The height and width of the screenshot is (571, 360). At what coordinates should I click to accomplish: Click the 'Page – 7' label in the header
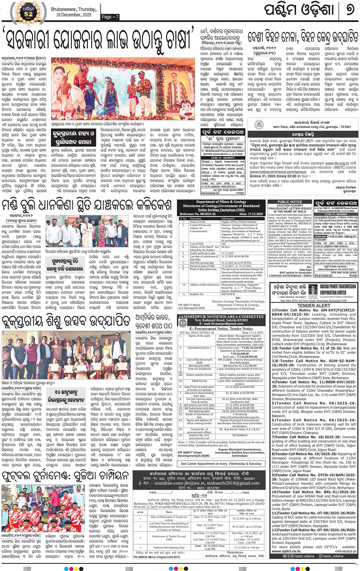[x=110, y=17]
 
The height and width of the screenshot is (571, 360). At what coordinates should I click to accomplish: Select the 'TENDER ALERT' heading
[x=314, y=305]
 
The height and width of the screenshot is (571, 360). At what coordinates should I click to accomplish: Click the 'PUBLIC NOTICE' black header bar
[x=290, y=202]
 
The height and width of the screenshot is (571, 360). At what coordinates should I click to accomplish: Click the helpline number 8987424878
[x=229, y=294]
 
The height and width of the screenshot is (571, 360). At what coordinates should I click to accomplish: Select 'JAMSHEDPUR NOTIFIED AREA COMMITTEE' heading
[x=221, y=316]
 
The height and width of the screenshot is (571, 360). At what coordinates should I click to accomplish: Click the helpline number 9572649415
[x=240, y=435]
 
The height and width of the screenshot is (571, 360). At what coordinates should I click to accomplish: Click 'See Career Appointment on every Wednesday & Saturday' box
[x=221, y=464]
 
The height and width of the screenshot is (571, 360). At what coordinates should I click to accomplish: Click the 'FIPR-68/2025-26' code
[x=346, y=551]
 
